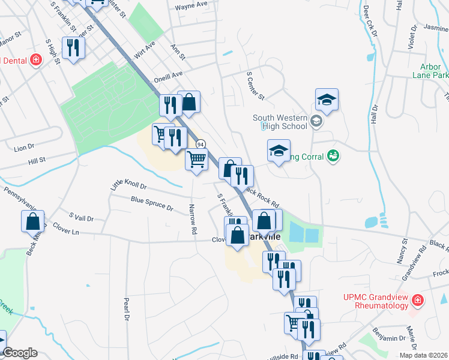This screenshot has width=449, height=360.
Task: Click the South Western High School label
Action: [x=280, y=122]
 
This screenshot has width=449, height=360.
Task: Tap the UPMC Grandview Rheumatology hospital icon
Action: [x=418, y=300]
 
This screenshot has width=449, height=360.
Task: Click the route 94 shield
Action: [x=201, y=144]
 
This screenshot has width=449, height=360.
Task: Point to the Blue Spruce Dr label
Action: [x=152, y=204]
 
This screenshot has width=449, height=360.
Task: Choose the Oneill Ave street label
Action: [x=168, y=76]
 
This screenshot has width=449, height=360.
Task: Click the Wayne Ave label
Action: [x=191, y=6]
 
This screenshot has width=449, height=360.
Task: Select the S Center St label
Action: [x=256, y=86]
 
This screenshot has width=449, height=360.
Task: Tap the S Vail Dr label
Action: [x=82, y=217]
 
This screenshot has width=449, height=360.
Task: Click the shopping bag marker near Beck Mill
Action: [x=33, y=221]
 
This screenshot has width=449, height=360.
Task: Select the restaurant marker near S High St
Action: [x=73, y=48]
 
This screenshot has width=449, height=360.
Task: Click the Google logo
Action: [x=19, y=353]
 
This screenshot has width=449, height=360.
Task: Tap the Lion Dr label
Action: [x=25, y=147]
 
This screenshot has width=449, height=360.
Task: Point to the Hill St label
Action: [x=37, y=160]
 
